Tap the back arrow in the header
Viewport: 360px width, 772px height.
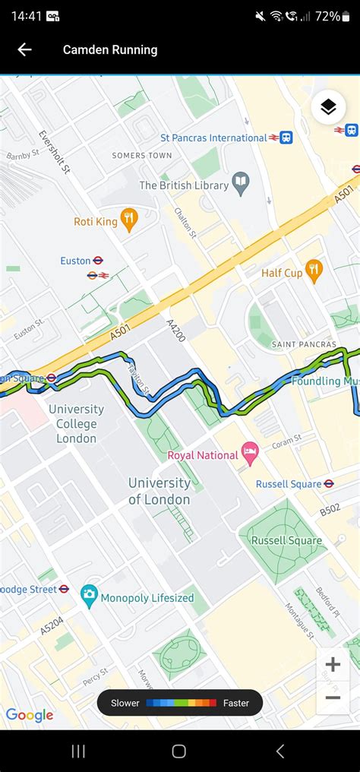(24, 50)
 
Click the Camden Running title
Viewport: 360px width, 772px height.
(110, 50)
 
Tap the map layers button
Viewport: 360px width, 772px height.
(328, 107)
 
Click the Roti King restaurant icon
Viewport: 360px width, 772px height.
(129, 221)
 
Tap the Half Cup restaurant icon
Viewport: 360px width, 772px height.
(314, 272)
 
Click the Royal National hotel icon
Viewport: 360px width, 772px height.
(250, 455)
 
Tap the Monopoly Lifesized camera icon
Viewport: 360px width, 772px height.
(89, 596)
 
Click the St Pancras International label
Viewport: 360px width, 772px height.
(213, 138)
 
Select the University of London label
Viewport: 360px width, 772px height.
(159, 491)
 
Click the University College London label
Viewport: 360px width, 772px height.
(76, 423)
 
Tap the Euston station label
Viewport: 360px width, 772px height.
(76, 261)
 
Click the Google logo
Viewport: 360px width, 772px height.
(30, 715)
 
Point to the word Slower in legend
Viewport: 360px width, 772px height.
(125, 703)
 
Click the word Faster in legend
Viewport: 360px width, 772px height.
(236, 703)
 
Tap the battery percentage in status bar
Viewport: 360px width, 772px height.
(327, 16)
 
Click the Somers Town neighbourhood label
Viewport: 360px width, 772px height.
(142, 156)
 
